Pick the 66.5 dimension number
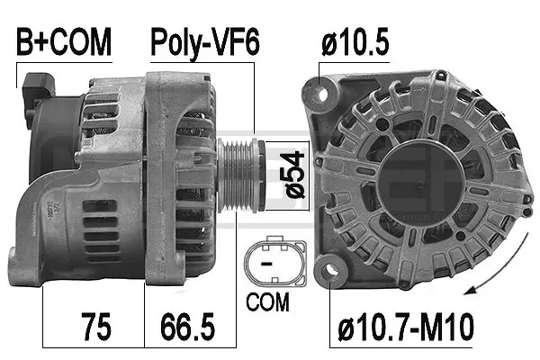(187, 322)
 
